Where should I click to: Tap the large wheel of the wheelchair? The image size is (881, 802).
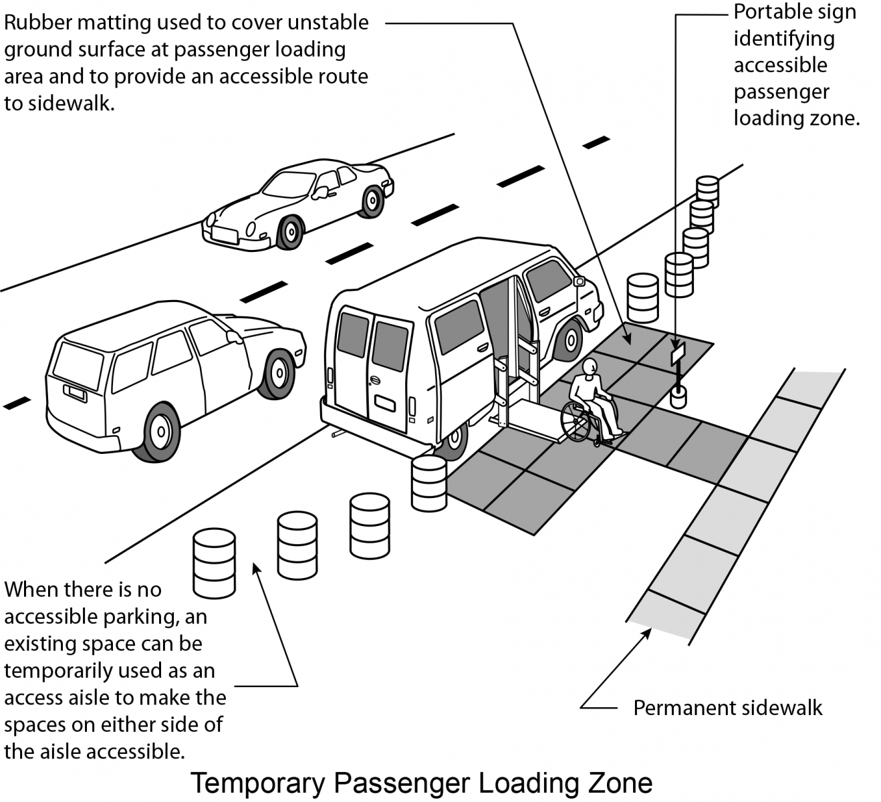(576, 421)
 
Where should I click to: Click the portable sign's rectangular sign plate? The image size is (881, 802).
(678, 353)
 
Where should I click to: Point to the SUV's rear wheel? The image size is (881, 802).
(160, 432)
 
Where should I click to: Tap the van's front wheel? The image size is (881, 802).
(570, 340)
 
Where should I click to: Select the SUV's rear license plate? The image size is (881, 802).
(76, 392)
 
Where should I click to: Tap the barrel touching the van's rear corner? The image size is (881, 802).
(428, 483)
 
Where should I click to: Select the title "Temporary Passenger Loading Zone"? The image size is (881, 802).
(422, 783)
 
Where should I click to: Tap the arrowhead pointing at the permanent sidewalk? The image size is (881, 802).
(647, 632)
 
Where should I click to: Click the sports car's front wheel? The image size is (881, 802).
(290, 233)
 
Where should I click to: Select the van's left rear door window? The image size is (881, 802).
(353, 336)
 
